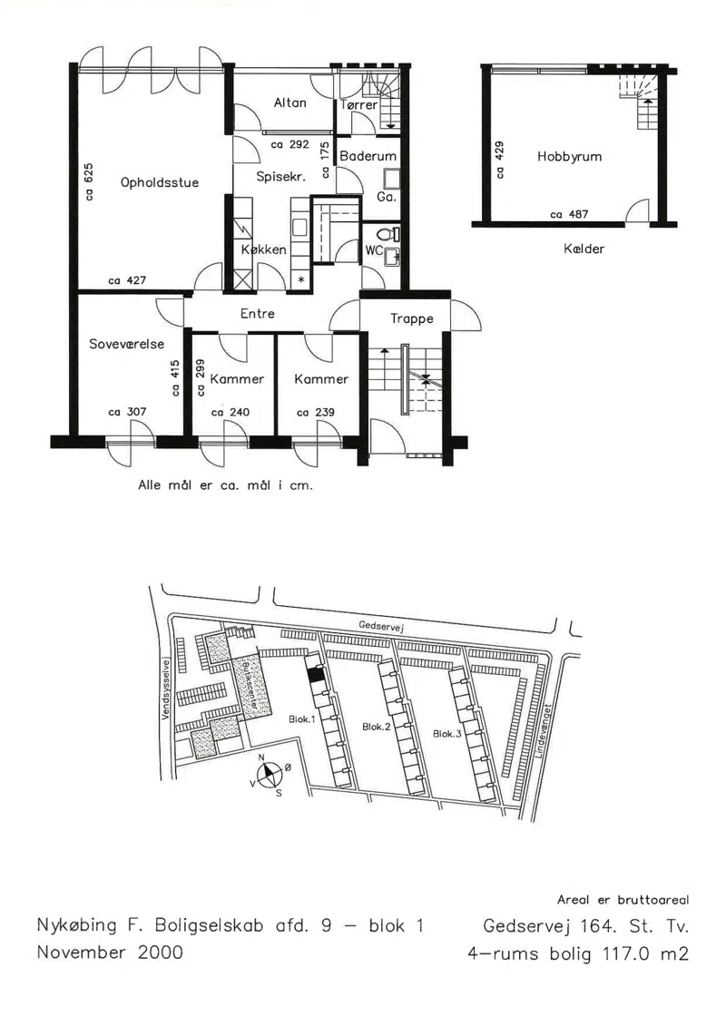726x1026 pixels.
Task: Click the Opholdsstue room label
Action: [159, 182]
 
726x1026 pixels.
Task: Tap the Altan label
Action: [290, 103]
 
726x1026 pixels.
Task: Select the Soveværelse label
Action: [126, 344]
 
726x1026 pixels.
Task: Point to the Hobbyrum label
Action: [569, 156]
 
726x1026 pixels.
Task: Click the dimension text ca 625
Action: [89, 182]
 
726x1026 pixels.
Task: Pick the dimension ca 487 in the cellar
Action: [569, 214]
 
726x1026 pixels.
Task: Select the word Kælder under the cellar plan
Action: [584, 249]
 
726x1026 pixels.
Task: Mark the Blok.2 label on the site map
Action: [377, 727]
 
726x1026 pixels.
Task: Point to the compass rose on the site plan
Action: [269, 775]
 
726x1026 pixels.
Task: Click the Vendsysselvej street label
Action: [165, 687]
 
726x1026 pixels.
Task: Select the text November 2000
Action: [110, 952]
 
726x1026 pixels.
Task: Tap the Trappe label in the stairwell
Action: [412, 318]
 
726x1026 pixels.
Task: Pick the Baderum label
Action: [368, 156]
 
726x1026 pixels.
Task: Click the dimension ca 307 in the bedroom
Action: [127, 412]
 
